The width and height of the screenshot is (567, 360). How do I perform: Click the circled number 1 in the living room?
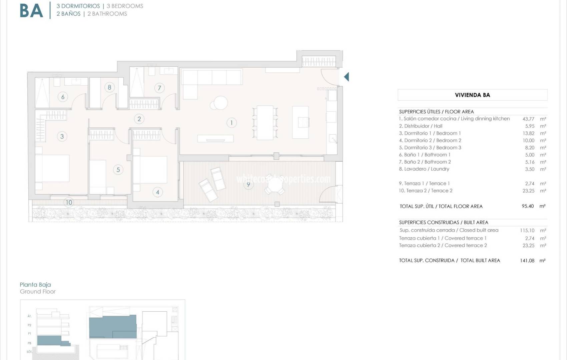click(x=231, y=123)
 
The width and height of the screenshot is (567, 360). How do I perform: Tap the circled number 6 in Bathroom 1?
click(x=63, y=97)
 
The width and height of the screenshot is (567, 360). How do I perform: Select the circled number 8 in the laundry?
click(x=109, y=88)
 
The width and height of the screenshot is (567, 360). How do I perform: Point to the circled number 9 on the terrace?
click(x=248, y=184)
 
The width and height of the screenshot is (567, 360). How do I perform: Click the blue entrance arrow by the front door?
click(x=347, y=77)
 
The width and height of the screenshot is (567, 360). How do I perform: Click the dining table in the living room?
click(x=265, y=123)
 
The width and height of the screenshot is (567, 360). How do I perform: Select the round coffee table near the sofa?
click(x=220, y=103)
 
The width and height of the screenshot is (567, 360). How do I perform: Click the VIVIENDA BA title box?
click(x=472, y=95)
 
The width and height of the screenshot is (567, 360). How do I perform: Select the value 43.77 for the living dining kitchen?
click(x=528, y=119)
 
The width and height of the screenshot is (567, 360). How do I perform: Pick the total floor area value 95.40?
click(x=528, y=206)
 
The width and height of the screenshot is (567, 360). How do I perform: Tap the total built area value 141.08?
click(x=527, y=261)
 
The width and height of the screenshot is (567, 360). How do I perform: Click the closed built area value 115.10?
click(x=527, y=231)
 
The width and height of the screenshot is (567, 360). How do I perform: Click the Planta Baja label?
click(x=35, y=285)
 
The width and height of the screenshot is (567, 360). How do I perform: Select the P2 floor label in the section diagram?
click(x=29, y=325)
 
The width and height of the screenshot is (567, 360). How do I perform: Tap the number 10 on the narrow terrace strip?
click(x=69, y=202)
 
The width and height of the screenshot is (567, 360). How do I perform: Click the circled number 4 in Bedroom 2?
click(x=158, y=192)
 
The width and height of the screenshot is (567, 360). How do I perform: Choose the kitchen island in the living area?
click(x=301, y=122)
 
